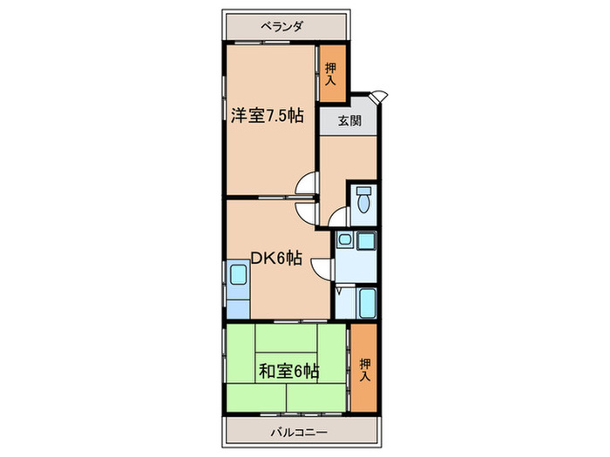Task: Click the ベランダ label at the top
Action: coord(281,26)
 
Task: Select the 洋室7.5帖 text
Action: coord(267,115)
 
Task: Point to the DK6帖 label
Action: coord(276,257)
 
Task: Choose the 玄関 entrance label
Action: coord(349,122)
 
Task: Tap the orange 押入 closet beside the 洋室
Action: coord(330,72)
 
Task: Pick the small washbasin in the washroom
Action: coord(345,239)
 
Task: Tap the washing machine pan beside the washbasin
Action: coord(366,240)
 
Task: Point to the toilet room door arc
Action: coord(340,215)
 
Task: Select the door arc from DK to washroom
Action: coord(323,269)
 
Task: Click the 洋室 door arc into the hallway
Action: coord(306,185)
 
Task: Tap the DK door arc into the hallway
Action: coord(306,211)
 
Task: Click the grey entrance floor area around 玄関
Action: coord(349,121)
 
